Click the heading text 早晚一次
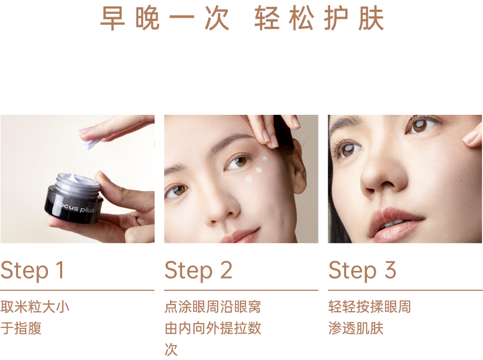point(165,18)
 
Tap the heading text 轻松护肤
point(319,18)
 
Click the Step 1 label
point(32,270)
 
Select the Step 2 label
point(198,270)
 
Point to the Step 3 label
point(362,270)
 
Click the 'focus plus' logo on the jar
point(75,207)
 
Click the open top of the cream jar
point(78,181)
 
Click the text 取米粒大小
point(35,307)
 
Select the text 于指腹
point(21,328)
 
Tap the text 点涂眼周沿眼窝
point(213,307)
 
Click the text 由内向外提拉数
point(213,328)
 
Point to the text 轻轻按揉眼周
point(370,307)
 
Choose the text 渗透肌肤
point(356,328)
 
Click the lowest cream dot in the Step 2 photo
point(249,179)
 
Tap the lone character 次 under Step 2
point(171,349)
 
